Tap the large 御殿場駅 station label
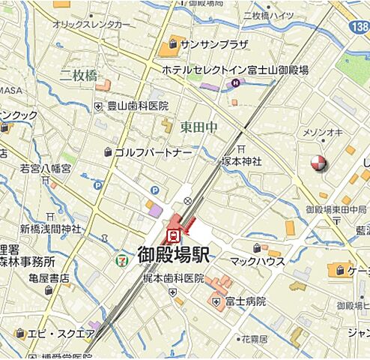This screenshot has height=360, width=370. click(174, 253)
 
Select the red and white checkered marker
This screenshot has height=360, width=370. click(319, 163)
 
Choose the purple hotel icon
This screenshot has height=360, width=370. click(234, 82)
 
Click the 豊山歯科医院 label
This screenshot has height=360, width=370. click(138, 106)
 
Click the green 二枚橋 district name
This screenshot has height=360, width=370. click(79, 74)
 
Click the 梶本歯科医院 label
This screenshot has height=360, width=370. click(174, 278)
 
